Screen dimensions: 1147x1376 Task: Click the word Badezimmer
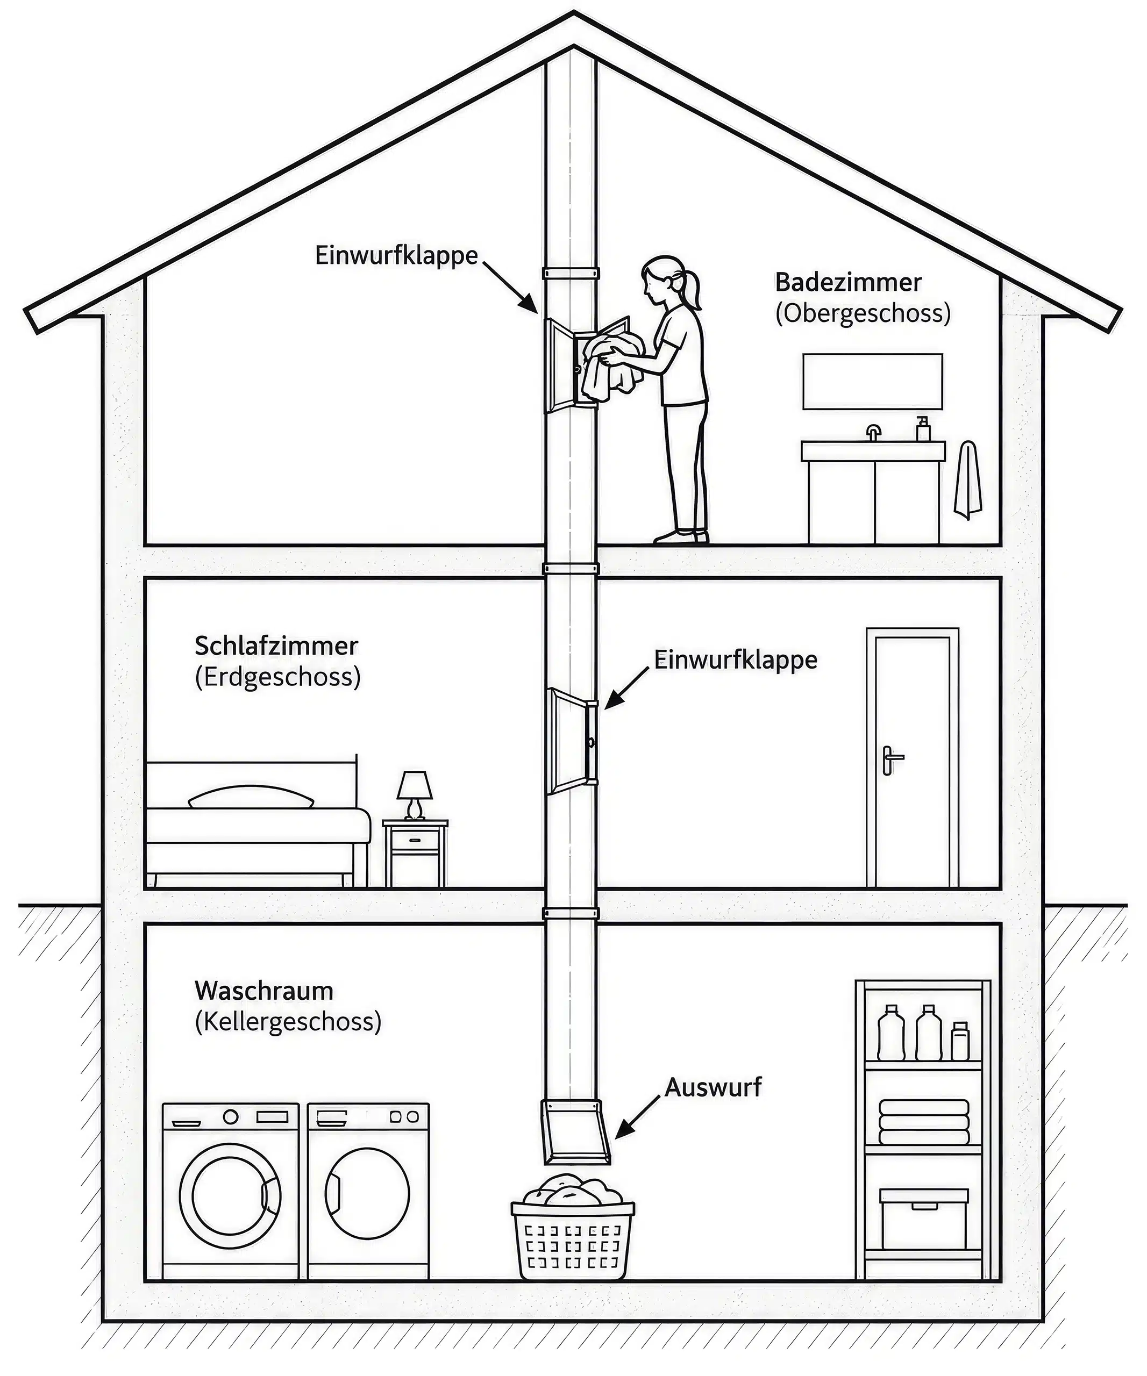pos(848,283)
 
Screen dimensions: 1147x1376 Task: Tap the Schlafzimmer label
pos(276,646)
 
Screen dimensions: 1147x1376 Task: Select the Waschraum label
pos(264,991)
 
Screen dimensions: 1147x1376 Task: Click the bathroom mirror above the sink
pos(872,381)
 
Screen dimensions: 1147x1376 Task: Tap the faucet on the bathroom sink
pos(873,433)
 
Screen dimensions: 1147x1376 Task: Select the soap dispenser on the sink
pos(923,428)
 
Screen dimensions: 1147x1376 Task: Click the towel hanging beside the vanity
pos(967,479)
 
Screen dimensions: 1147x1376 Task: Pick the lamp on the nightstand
pos(414,795)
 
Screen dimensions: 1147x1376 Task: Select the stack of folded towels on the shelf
pos(924,1122)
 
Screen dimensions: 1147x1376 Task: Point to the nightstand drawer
pos(415,840)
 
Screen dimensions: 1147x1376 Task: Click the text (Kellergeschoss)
pos(288,1022)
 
